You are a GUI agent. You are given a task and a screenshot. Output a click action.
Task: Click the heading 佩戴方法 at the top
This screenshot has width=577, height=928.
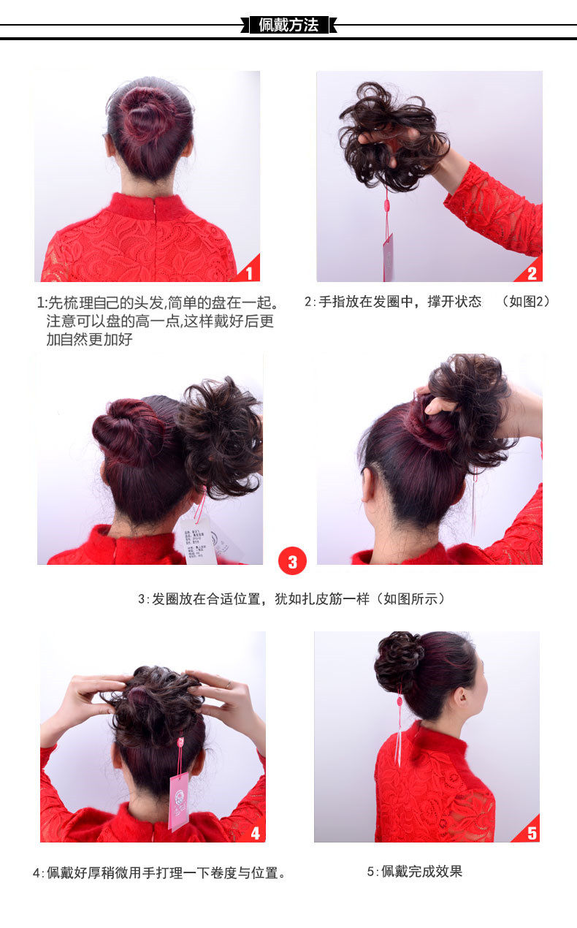click(288, 25)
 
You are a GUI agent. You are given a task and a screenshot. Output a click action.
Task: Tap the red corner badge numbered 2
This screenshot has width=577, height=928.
click(532, 273)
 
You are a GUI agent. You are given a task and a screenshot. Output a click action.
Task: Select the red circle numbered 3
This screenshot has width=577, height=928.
click(292, 561)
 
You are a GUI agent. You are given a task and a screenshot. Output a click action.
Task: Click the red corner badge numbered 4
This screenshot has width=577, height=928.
click(255, 832)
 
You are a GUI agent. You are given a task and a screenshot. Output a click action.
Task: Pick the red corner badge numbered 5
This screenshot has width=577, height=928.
click(531, 832)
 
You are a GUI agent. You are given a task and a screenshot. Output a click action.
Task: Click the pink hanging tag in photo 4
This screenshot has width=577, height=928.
click(179, 800)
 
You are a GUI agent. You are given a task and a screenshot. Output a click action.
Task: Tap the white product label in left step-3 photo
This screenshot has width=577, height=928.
click(199, 539)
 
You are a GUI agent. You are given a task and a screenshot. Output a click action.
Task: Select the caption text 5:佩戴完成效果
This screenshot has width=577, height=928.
click(414, 871)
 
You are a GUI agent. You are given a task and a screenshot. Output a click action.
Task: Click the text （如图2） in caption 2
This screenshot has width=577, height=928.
click(525, 301)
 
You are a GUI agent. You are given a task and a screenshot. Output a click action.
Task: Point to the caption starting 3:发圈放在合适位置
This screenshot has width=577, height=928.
click(291, 598)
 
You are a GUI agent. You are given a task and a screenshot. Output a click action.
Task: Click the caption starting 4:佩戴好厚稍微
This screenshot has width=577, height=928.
click(159, 872)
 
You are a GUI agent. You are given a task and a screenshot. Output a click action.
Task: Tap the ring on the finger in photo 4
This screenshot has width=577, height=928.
click(229, 685)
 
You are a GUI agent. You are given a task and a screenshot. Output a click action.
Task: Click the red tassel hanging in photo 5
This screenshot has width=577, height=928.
click(399, 731)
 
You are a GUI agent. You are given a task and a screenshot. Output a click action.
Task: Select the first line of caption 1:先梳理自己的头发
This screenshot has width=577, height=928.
click(158, 303)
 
